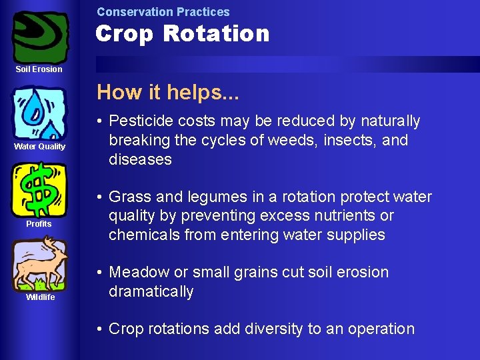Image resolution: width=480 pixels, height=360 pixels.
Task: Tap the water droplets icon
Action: point(40,113)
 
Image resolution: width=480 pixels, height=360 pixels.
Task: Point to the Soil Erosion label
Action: point(39,69)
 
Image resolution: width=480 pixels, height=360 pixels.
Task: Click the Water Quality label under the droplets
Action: point(40,147)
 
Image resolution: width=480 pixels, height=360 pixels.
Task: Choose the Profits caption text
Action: point(39,224)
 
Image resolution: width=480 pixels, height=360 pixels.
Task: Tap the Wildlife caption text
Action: point(40,297)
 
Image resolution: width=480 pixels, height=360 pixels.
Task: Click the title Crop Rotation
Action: point(182,33)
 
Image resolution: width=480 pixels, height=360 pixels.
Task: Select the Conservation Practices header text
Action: point(163,12)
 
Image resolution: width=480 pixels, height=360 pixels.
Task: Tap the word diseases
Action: point(140,160)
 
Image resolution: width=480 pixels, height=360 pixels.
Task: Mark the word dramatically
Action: point(151,292)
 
